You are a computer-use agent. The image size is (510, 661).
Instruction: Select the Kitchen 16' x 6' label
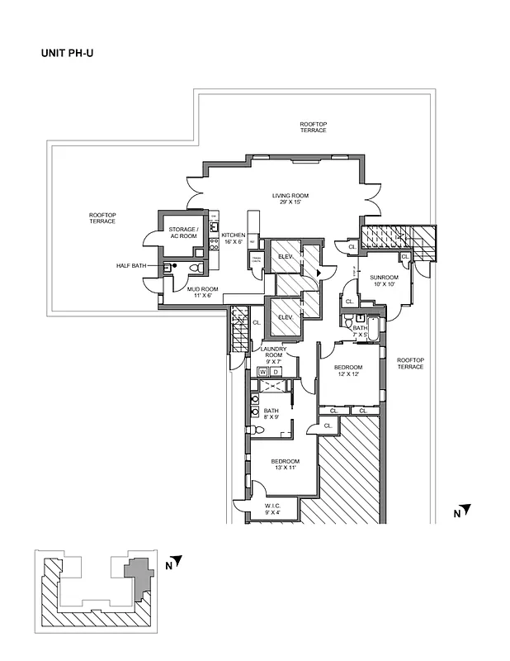(x=233, y=239)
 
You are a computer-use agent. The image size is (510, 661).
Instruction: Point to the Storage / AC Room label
(x=182, y=233)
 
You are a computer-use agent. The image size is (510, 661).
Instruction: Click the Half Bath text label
(x=131, y=266)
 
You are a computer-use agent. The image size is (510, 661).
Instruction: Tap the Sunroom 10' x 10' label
(x=384, y=280)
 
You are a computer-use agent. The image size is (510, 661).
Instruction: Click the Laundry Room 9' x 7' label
(x=274, y=356)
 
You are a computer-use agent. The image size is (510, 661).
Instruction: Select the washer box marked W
(x=263, y=372)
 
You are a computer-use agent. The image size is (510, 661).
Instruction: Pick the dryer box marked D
(x=276, y=372)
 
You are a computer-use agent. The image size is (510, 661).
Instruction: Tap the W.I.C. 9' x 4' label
(x=274, y=509)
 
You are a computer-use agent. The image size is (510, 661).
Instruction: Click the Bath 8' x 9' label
(x=272, y=415)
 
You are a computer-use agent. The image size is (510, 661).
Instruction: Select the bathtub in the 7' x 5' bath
(x=373, y=330)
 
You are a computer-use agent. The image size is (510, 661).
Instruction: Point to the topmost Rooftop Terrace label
(x=314, y=127)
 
